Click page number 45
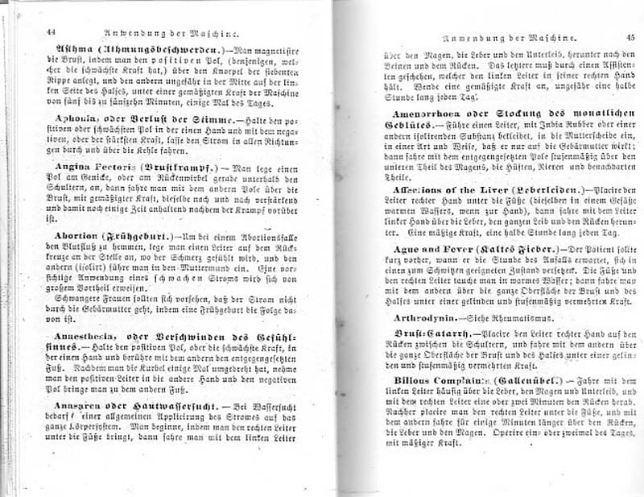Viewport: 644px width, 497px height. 630,38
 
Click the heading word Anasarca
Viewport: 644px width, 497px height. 72,405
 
